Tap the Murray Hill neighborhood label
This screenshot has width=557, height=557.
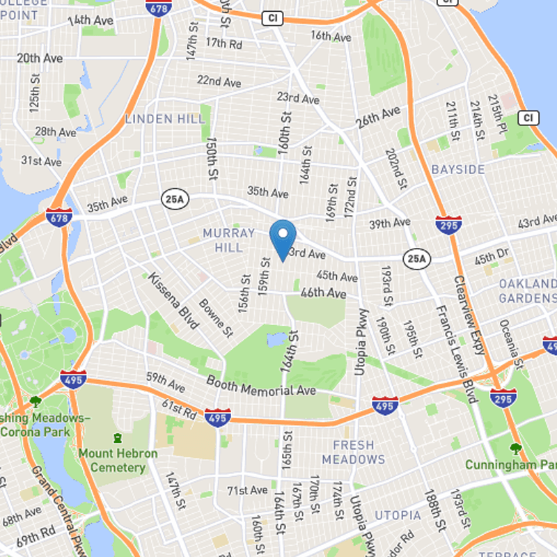coord(223,240)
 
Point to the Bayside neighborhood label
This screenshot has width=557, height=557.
coord(457,170)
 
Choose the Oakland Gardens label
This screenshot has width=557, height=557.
coord(528,291)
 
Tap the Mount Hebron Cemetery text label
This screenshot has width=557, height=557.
coord(118,460)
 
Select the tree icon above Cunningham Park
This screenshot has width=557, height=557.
coord(515,448)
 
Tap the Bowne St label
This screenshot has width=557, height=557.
coord(215,317)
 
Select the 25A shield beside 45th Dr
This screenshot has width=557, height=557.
coord(416,260)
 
